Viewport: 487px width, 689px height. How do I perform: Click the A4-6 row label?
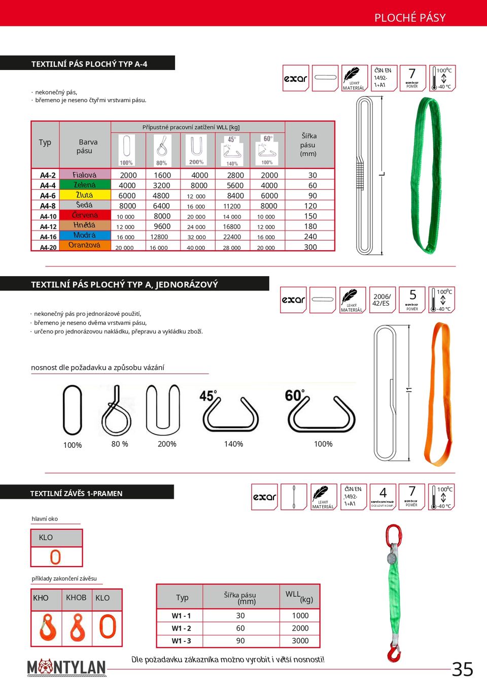coord(48,195)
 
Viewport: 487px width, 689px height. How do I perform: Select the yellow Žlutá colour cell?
coord(85,195)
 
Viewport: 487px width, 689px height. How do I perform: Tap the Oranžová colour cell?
coord(85,245)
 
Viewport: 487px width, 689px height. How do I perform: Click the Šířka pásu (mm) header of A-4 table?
coord(308,145)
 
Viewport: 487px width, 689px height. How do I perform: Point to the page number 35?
coord(462,669)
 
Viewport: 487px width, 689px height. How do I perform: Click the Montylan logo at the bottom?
coord(66,667)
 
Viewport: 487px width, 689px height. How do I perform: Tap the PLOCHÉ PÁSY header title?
coord(410,18)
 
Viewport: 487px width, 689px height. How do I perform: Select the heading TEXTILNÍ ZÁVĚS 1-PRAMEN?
coord(76,493)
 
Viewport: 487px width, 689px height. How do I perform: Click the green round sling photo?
coord(425,175)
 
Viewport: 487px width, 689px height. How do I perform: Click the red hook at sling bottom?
coord(394,654)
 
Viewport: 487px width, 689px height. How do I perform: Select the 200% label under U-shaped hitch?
coord(167,444)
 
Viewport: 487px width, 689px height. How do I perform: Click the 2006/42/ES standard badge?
coord(381,300)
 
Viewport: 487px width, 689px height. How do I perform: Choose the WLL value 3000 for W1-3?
coord(300,641)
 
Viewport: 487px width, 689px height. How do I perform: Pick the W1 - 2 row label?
coord(181,628)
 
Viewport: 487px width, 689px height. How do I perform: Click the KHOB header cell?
coord(76,598)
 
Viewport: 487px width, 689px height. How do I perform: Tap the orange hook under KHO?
coord(47,627)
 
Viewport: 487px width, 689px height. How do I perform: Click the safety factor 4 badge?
coord(382,496)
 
